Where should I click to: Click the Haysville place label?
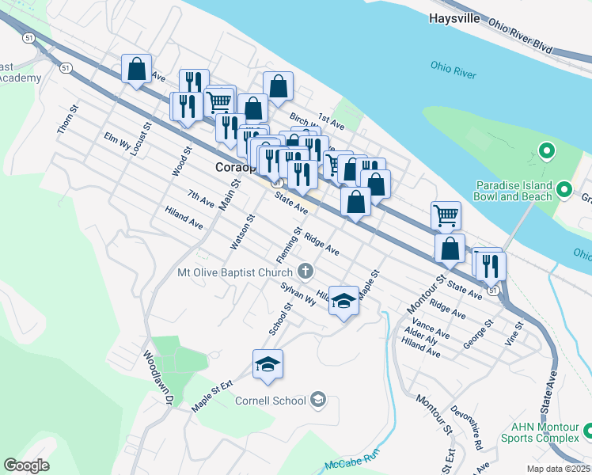(x=454, y=17)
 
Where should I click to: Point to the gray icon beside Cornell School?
(x=318, y=400)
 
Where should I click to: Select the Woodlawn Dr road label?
(x=156, y=379)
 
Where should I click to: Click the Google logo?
(x=26, y=465)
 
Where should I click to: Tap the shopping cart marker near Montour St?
(x=446, y=214)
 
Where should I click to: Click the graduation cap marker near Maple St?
(x=343, y=300)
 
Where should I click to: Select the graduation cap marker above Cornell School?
(x=268, y=364)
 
